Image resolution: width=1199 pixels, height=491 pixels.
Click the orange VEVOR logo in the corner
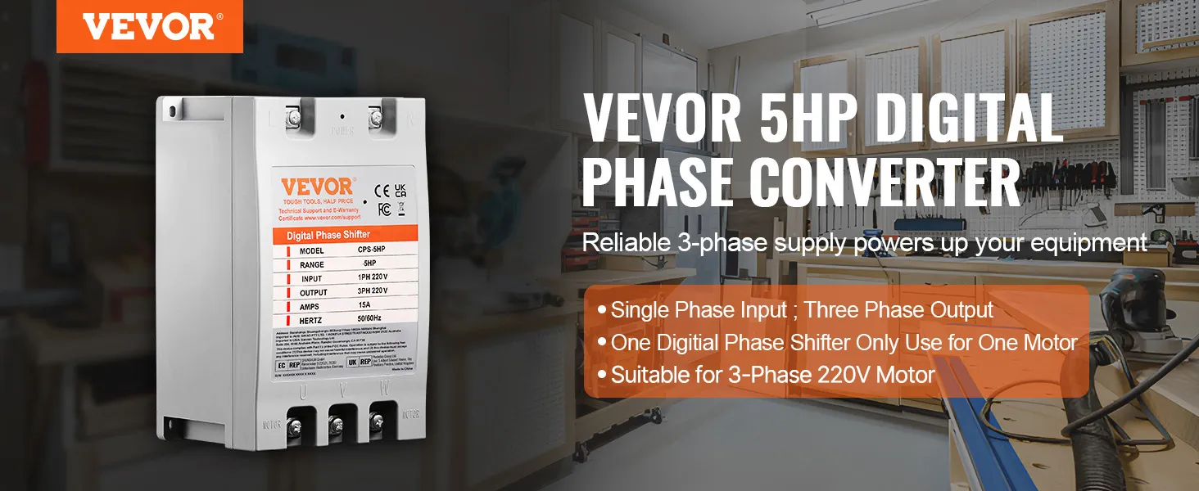pos(149,26)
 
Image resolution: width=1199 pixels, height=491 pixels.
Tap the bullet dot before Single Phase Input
pos(603,311)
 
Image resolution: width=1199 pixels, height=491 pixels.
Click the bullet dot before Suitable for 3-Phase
pos(603,376)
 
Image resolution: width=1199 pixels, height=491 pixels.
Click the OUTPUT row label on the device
pos(313,292)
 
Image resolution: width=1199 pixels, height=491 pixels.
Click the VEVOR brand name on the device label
pos(317,186)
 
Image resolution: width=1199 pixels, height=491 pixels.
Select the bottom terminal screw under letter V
pos(337,423)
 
